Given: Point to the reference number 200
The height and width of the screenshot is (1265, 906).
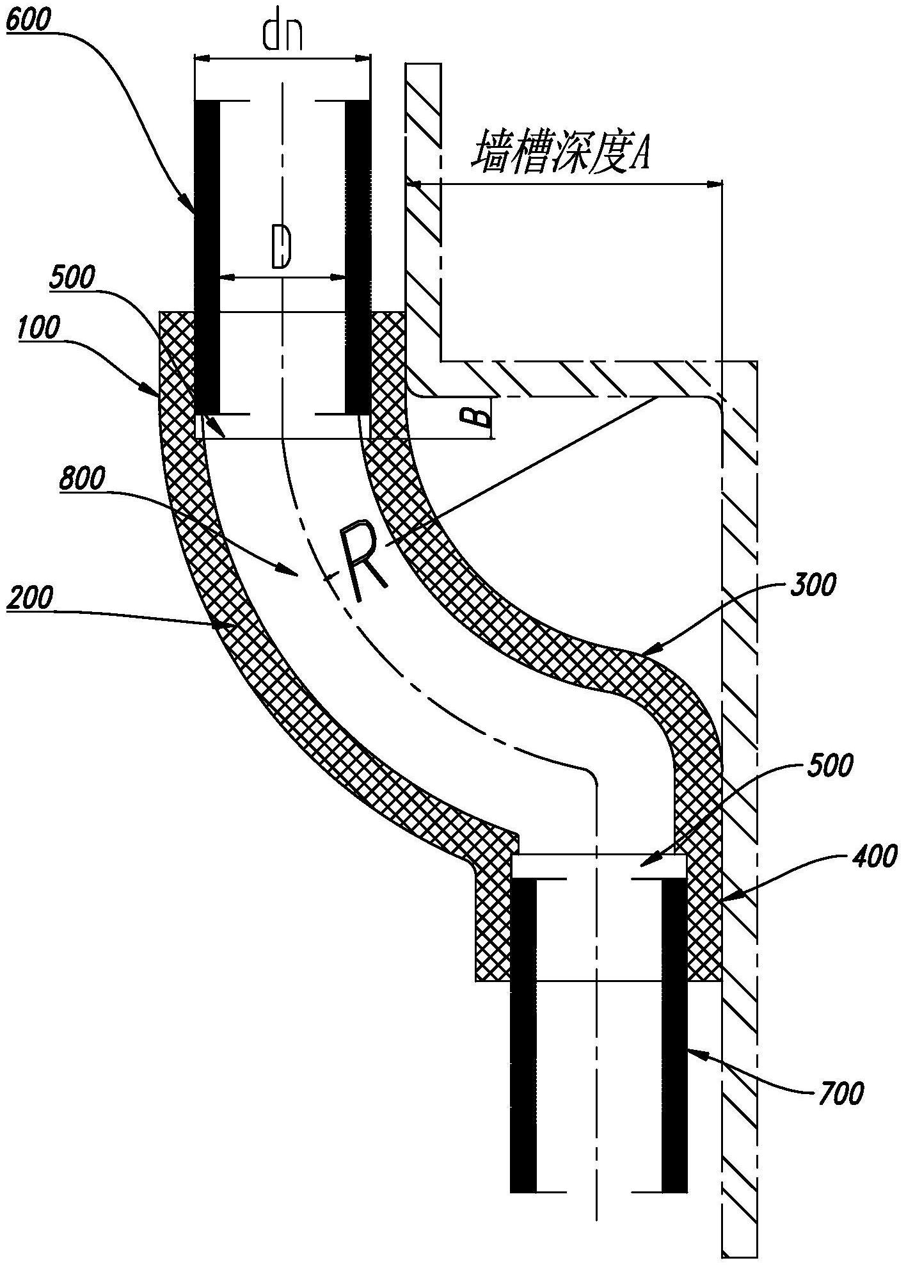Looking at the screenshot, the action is pos(30,603).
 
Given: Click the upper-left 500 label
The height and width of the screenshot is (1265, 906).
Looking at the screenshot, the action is pos(72,277).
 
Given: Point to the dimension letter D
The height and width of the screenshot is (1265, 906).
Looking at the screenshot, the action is pos(281,247).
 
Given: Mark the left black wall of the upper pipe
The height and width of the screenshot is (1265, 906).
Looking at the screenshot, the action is pos(207,257).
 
